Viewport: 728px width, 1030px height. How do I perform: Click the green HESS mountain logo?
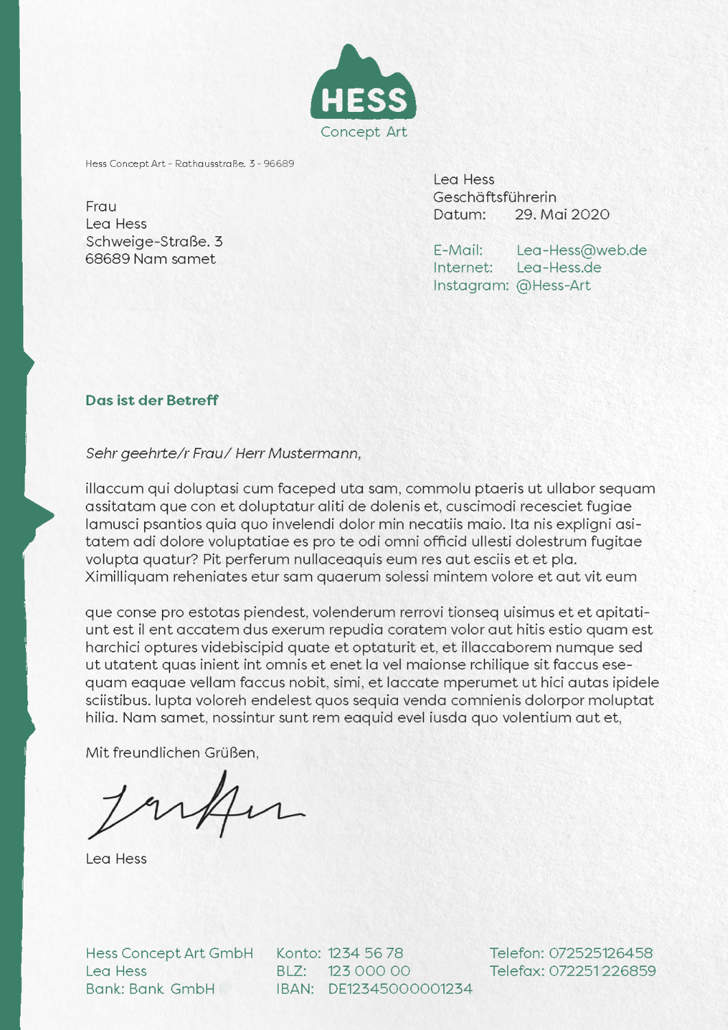[364, 87]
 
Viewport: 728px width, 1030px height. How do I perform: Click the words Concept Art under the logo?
[364, 132]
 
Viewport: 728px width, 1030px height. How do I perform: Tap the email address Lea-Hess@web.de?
[581, 250]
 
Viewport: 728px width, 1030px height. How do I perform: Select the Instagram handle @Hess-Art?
[553, 286]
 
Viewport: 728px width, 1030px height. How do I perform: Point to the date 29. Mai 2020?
[562, 214]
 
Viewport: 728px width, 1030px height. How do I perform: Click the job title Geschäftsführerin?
[495, 197]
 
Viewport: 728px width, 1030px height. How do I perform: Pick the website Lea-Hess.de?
[559, 268]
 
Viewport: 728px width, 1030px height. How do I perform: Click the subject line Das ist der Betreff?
[152, 400]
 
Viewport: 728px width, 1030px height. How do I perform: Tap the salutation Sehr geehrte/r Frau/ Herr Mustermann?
[223, 453]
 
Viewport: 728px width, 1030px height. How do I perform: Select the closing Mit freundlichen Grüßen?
[172, 753]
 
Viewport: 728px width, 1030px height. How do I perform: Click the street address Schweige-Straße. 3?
[154, 242]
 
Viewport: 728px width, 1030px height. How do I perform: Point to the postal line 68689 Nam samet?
[150, 259]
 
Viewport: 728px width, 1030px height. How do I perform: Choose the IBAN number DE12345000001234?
[400, 989]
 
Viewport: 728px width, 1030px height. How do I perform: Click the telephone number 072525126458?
[600, 953]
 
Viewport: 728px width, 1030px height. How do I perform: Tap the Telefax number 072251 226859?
[602, 971]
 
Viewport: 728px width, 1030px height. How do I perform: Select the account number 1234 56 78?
[365, 953]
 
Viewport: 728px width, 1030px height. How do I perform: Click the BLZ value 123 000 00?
[369, 971]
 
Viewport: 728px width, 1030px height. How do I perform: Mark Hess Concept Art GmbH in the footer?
[169, 953]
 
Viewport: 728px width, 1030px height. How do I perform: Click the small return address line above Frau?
[189, 163]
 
